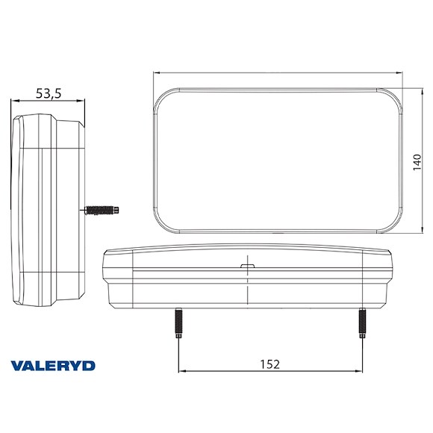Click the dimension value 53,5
click(x=49, y=93)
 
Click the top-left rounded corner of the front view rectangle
click(x=163, y=97)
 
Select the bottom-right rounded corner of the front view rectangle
click(x=393, y=222)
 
